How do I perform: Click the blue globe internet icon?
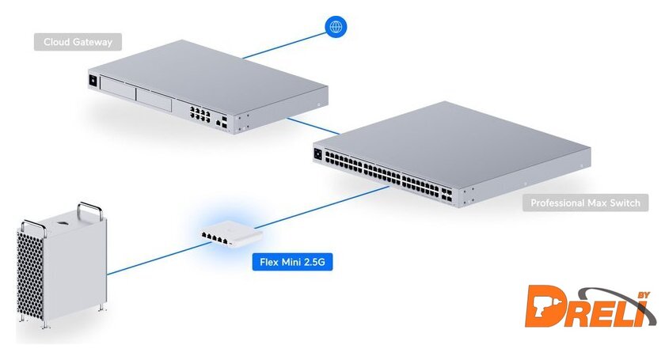click(x=336, y=27)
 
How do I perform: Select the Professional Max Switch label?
click(x=585, y=203)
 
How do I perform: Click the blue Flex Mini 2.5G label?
click(x=292, y=260)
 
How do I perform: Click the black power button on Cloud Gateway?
click(x=97, y=79)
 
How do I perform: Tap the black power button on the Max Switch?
click(x=318, y=154)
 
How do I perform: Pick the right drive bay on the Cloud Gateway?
click(x=154, y=100)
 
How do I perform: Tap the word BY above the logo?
click(x=643, y=296)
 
